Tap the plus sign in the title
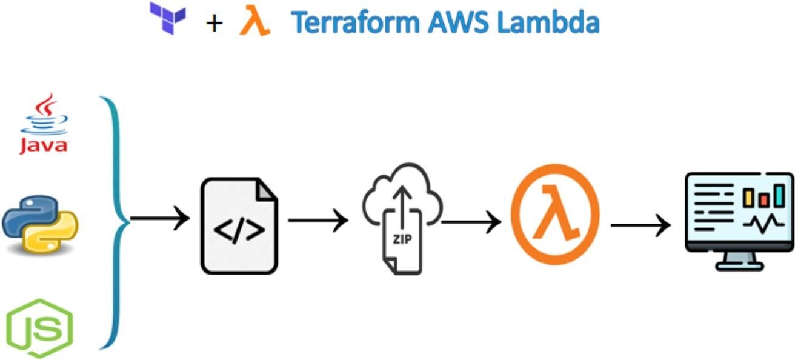point(214,24)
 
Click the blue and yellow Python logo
point(40,224)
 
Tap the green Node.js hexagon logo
point(40,327)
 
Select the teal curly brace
point(115,221)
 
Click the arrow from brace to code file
point(160,219)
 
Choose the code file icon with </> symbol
point(239,225)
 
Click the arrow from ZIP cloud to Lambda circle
point(471,222)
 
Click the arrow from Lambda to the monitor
point(640,226)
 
